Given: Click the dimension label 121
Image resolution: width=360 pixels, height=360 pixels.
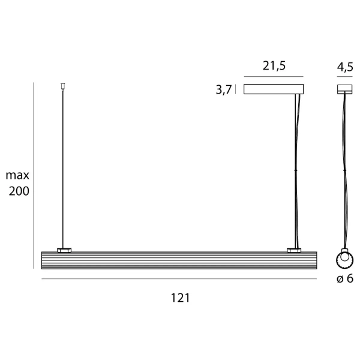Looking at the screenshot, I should pos(179,298).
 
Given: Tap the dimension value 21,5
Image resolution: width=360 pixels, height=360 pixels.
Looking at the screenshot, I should pos(273,67).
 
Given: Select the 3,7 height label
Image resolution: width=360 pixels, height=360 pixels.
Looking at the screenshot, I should pos(223,91).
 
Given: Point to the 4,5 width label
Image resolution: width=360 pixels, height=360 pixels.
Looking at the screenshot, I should pos(345,67).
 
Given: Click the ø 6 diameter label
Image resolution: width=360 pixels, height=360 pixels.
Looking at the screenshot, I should pos(345,279).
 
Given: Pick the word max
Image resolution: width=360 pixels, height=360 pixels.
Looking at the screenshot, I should pos(17,176).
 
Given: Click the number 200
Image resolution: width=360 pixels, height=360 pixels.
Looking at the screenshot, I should pos(19,191).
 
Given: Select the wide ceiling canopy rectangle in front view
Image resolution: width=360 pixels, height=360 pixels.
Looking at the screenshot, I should pos(274,89).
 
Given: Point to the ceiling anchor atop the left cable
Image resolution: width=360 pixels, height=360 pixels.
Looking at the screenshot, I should pos(62,86).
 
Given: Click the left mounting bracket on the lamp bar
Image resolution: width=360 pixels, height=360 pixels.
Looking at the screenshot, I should pos(64,249).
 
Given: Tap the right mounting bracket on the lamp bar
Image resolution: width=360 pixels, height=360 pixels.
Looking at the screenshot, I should pos(294,249).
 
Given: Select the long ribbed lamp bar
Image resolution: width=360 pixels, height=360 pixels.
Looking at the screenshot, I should pos(179,260).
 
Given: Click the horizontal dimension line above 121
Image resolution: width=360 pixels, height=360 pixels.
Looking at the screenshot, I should pos(179,280).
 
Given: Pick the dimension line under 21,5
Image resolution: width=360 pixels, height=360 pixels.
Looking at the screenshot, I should pos(274,77).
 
